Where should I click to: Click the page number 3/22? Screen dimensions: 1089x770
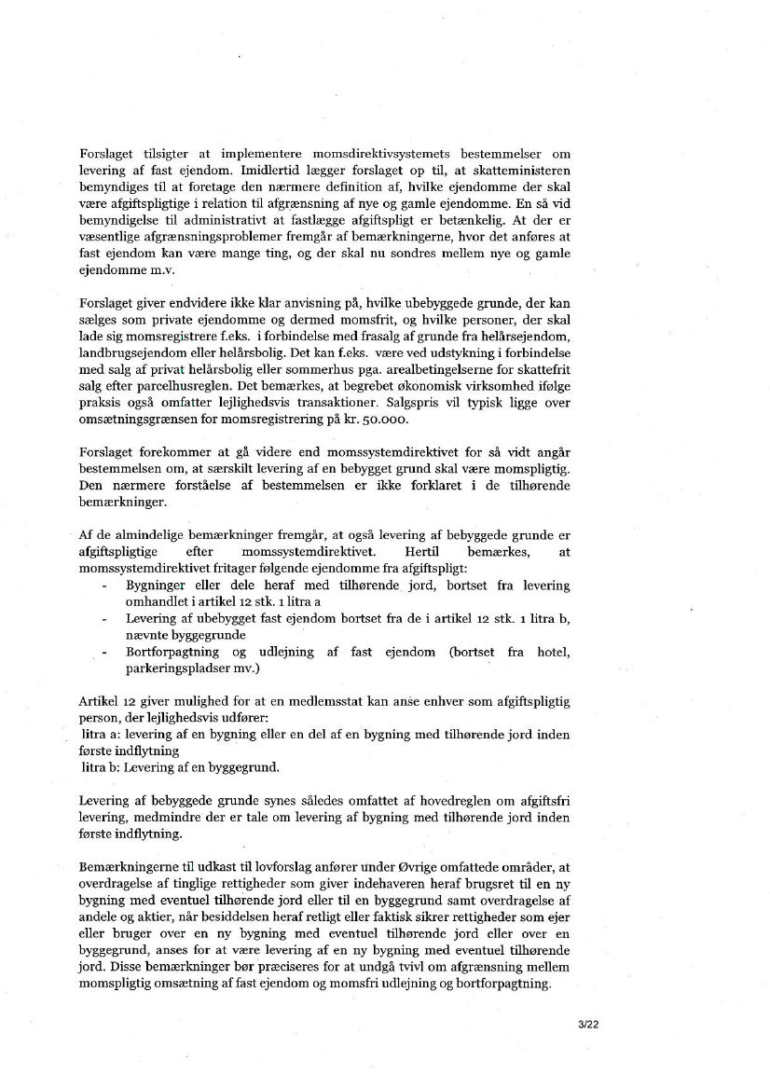pos(587,1024)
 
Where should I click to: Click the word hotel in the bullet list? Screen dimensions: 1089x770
pos(554,652)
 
